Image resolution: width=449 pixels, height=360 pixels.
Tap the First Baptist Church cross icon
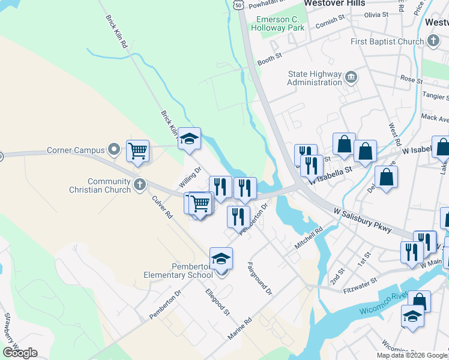[433, 41]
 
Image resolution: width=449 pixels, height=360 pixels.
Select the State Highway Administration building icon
[352, 77]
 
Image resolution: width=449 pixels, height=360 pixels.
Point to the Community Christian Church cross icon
[140, 185]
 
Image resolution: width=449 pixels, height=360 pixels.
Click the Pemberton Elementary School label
[178, 271]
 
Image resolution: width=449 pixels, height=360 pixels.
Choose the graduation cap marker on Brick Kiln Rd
[190, 138]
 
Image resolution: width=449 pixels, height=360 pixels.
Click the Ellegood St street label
[217, 302]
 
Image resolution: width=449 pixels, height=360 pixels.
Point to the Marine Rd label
[240, 330]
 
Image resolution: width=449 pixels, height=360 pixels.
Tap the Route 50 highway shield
[238, 4]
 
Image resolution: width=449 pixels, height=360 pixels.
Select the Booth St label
[270, 58]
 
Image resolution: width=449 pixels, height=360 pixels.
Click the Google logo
[20, 352]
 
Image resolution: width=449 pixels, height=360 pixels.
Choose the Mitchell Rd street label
[309, 238]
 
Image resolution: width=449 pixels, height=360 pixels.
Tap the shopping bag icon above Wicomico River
[420, 301]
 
